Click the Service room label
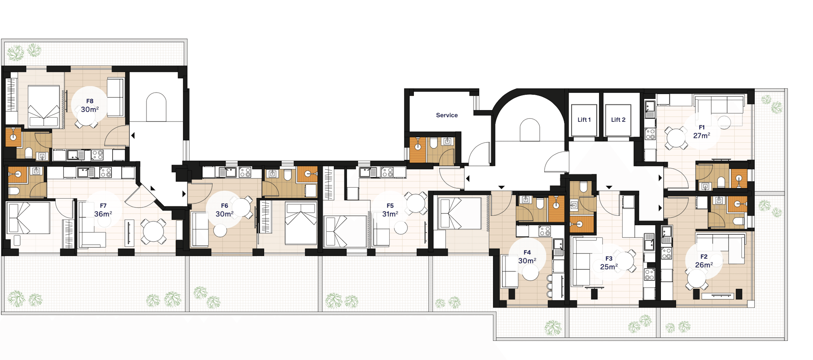point(447,115)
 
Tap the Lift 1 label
point(584,120)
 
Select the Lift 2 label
point(618,120)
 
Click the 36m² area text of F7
point(103,214)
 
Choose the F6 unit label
point(224,206)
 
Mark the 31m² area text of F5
point(390,214)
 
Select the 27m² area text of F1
point(702,135)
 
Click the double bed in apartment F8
point(44,107)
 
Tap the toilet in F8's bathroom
point(29,153)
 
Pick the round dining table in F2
point(696,279)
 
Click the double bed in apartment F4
point(461,213)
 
